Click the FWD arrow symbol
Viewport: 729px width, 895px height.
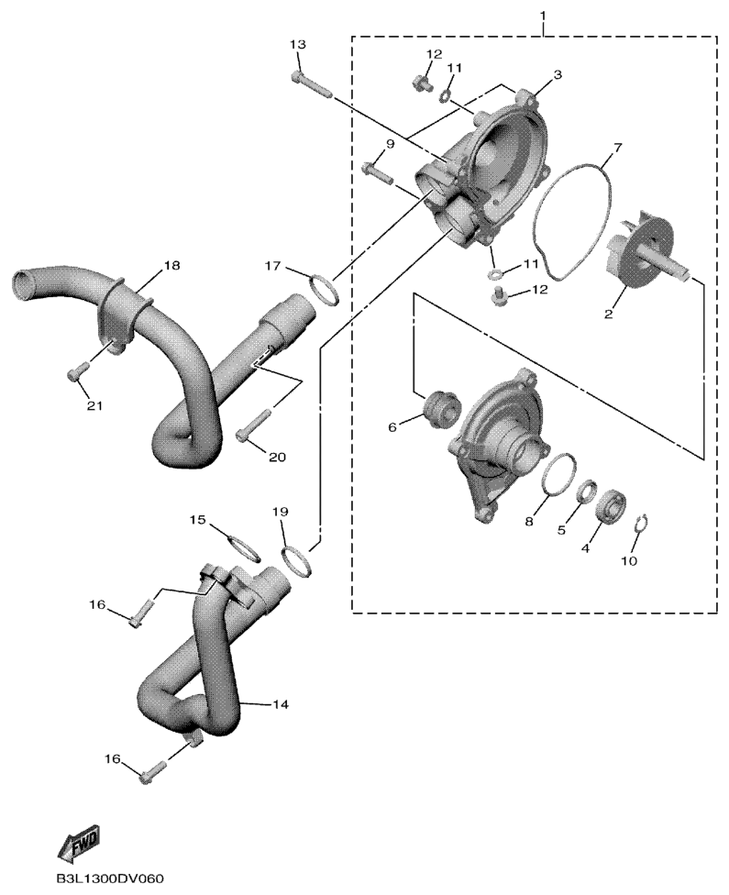point(80,842)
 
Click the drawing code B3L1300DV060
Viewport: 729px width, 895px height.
point(111,878)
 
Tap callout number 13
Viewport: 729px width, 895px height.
point(297,45)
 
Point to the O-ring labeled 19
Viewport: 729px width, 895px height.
point(298,562)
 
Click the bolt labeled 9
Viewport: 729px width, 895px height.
point(378,172)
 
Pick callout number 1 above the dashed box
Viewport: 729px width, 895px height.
point(543,13)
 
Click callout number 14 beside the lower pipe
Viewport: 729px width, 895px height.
point(280,704)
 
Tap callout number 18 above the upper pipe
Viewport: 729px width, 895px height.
point(171,265)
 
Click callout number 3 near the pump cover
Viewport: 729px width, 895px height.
point(558,75)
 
